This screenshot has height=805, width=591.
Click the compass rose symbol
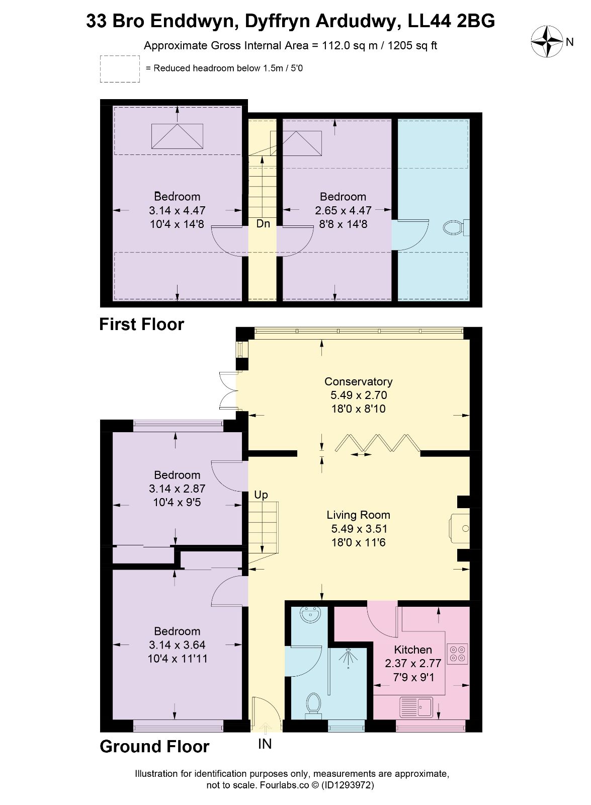click(x=546, y=42)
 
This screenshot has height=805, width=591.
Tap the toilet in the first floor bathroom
click(x=456, y=227)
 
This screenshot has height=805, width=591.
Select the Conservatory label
click(x=358, y=381)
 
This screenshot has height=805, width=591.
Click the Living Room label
click(x=358, y=515)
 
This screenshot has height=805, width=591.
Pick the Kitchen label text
click(x=413, y=650)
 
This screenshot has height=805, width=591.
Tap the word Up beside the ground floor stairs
click(x=261, y=495)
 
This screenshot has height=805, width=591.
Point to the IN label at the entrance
click(x=265, y=744)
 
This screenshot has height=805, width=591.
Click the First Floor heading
click(x=141, y=324)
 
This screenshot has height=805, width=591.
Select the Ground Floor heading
click(x=154, y=747)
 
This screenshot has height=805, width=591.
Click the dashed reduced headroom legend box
click(x=120, y=69)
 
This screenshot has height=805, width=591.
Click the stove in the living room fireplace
click(x=460, y=528)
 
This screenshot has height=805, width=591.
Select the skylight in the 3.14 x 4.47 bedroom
click(x=177, y=136)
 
